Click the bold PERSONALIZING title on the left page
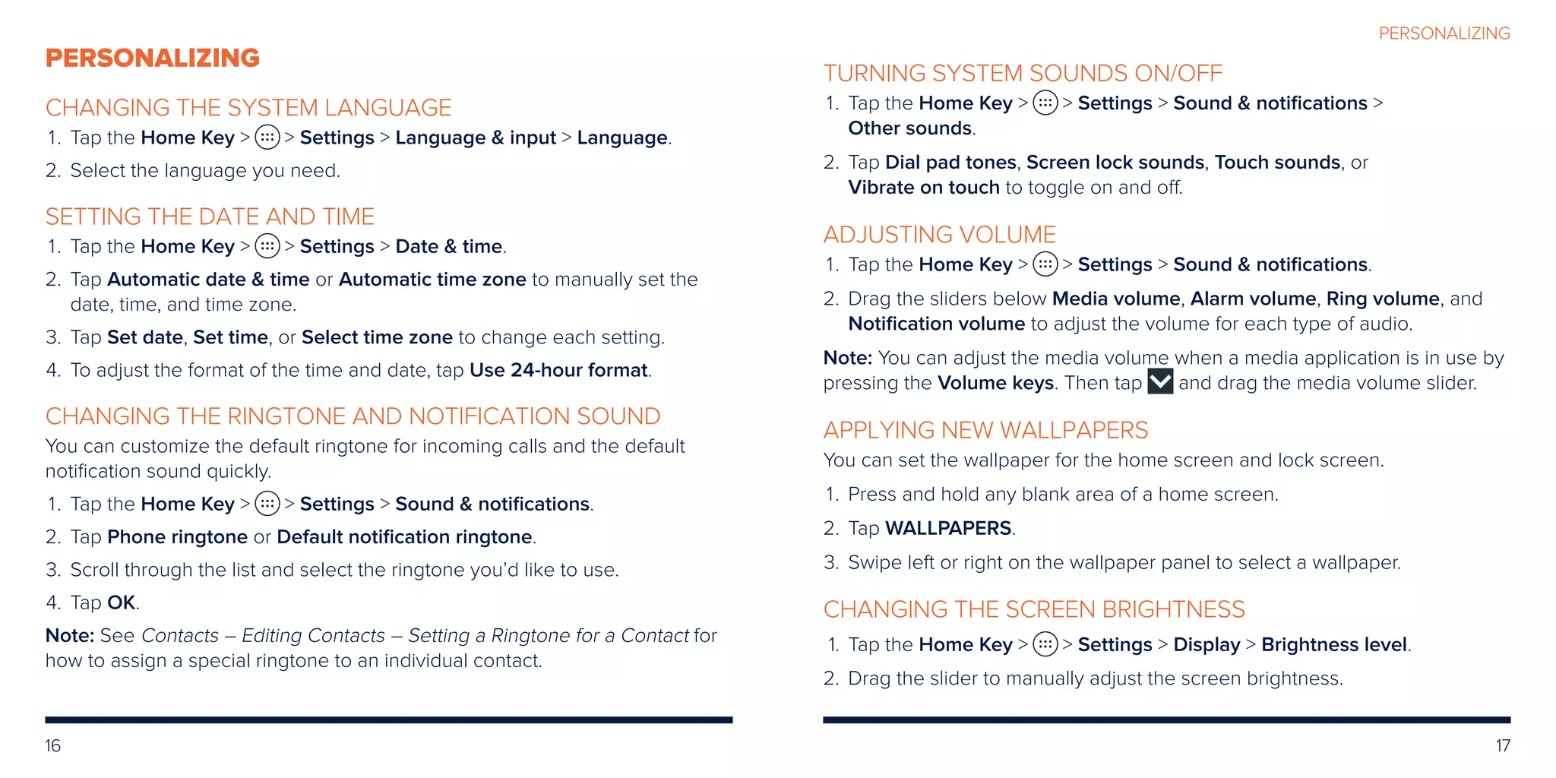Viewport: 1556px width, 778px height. click(x=153, y=58)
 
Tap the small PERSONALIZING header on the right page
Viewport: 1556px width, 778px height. click(x=1444, y=33)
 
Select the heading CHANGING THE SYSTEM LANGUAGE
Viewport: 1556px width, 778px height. click(x=248, y=108)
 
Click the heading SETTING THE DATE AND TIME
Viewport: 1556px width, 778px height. click(x=210, y=217)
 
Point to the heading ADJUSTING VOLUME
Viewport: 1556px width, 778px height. click(x=940, y=235)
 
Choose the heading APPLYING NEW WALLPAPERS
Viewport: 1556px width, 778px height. click(x=985, y=430)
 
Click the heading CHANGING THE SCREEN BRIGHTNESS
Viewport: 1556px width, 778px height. click(x=1034, y=609)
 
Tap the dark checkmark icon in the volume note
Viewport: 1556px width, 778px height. click(x=1160, y=381)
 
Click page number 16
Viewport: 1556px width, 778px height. click(x=52, y=745)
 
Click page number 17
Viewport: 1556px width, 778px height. click(x=1503, y=745)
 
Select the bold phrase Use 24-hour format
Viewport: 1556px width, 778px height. click(x=558, y=370)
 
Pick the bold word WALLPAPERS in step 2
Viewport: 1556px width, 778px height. click(x=948, y=528)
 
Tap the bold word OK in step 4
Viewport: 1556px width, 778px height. click(x=122, y=602)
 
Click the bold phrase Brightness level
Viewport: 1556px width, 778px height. click(x=1334, y=644)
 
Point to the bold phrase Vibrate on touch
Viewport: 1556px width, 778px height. click(x=924, y=188)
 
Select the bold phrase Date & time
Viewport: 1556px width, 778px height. click(x=449, y=246)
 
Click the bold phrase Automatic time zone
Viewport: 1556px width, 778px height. click(x=432, y=280)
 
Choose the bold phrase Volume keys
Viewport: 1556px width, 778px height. click(x=995, y=383)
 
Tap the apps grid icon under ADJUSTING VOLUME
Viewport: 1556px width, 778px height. click(x=1045, y=264)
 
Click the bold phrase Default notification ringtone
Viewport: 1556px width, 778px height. click(x=404, y=537)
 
